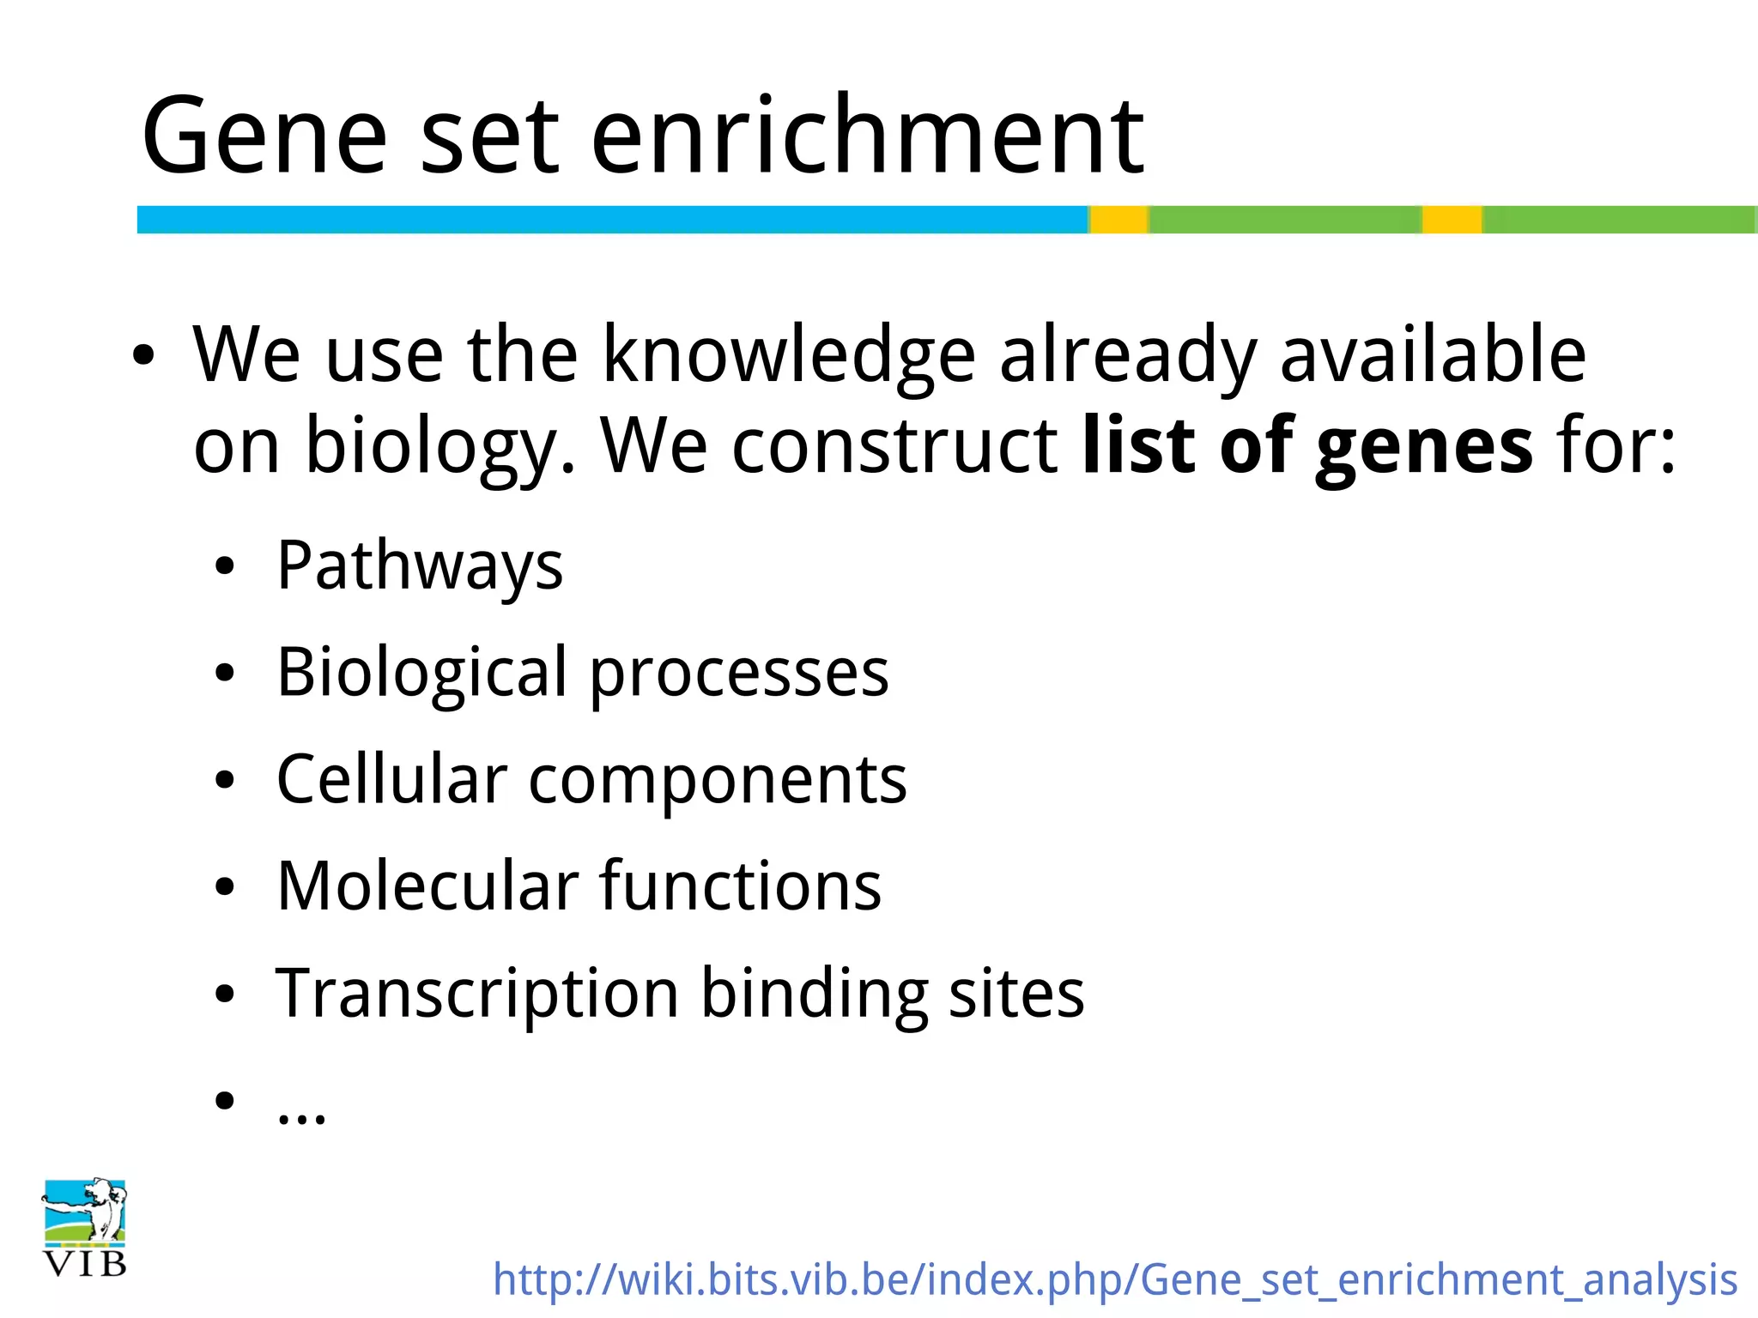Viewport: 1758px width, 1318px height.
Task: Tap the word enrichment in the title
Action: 867,137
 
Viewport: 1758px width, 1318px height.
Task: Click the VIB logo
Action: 85,1227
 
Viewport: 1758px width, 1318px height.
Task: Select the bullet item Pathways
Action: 420,566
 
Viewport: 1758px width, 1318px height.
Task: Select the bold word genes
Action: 1423,446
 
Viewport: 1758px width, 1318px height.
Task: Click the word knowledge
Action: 789,355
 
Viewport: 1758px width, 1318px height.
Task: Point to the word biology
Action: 438,446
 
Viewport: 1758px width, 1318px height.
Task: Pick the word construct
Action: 894,446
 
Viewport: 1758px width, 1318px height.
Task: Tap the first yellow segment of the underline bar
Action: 1118,220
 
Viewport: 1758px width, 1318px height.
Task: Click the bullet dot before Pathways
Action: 225,566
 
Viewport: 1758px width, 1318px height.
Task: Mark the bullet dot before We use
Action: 143,355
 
